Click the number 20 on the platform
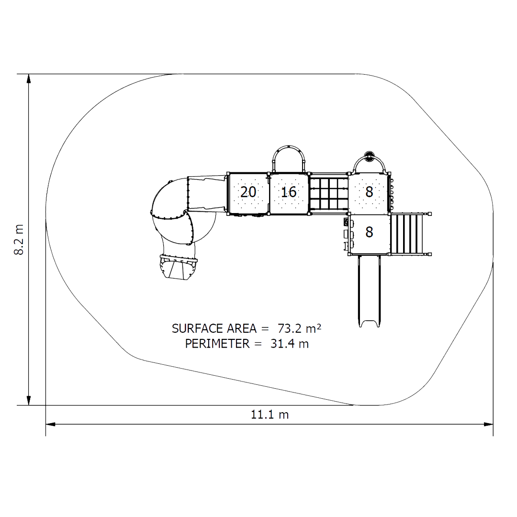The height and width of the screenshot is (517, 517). click(x=248, y=192)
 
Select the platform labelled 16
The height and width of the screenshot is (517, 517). click(x=289, y=194)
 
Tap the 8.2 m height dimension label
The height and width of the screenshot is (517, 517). click(x=19, y=240)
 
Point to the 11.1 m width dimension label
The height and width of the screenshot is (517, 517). click(x=270, y=415)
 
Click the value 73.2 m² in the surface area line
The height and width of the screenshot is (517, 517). click(x=299, y=328)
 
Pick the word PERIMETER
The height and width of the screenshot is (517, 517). click(x=217, y=344)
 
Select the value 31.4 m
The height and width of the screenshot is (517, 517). click(x=290, y=344)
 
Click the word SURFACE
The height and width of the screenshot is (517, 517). click(x=198, y=329)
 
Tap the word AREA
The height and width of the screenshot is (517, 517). click(x=242, y=329)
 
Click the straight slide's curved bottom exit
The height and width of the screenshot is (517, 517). click(x=369, y=323)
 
